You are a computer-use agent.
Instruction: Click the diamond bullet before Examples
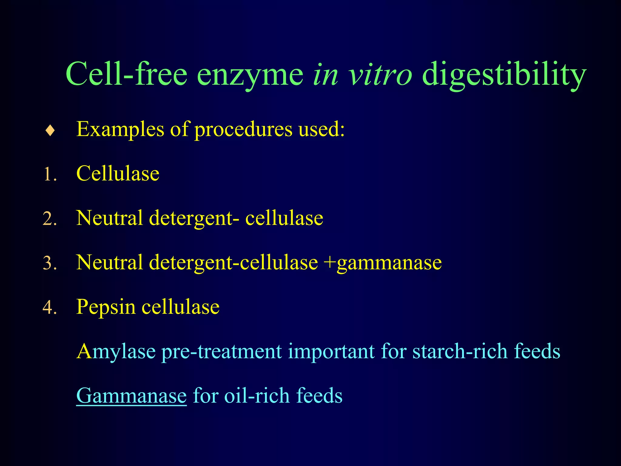click(50, 131)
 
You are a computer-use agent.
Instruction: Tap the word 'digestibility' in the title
click(503, 74)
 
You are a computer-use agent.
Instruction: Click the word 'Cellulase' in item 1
click(118, 174)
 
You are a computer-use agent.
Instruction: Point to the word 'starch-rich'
click(460, 351)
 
